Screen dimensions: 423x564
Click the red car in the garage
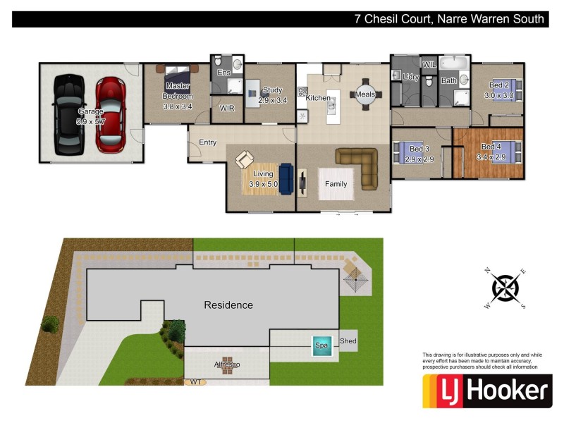pos(110,115)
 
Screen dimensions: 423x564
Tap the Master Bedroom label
pos(177,91)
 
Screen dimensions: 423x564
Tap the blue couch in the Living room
pos(286,178)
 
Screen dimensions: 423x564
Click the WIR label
pos(227,109)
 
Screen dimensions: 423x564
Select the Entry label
pos(207,142)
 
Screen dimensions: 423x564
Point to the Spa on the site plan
pos(322,346)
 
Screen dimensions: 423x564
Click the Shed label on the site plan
pos(348,342)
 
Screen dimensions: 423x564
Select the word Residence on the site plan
pos(228,305)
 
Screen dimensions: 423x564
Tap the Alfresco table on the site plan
pos(227,367)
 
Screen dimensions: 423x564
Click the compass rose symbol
pos(505,288)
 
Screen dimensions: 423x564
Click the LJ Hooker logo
pos(486,391)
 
